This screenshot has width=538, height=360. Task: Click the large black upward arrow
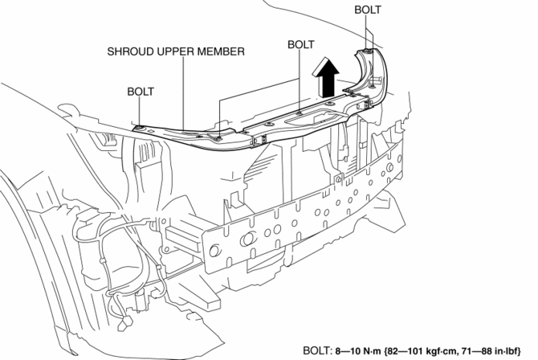click(x=327, y=77)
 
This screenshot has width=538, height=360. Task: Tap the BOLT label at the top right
click(x=367, y=10)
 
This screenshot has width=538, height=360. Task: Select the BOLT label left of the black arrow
click(x=300, y=45)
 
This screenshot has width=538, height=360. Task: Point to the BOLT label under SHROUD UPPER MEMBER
click(x=141, y=92)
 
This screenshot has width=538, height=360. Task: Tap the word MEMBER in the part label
click(x=223, y=51)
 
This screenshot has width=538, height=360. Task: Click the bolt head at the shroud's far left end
click(x=141, y=127)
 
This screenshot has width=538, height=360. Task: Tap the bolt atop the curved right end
click(x=366, y=51)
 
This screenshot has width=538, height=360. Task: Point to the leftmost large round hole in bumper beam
click(x=247, y=237)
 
